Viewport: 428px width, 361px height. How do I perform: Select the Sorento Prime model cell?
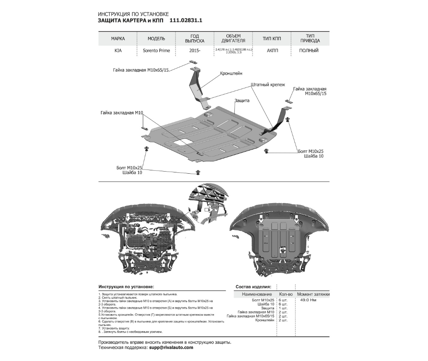coord(156,51)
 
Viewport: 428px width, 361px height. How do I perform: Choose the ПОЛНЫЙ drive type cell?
coord(308,51)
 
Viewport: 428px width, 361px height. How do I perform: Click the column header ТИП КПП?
coord(272,39)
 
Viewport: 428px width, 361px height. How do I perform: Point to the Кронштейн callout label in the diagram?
coord(231,73)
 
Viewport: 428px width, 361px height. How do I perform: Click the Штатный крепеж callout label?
coord(267,85)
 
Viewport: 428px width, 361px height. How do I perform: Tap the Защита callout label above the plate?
coord(241,101)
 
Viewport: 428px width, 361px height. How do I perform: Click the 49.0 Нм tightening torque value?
coord(308,300)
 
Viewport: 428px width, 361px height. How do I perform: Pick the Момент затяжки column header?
coord(313,294)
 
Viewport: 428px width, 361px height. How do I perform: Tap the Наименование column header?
coord(254,294)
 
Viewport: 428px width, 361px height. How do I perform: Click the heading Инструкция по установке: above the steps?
coord(126,286)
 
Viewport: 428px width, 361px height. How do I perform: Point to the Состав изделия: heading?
coord(253,286)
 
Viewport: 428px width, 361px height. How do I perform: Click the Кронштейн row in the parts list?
coord(265,320)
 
